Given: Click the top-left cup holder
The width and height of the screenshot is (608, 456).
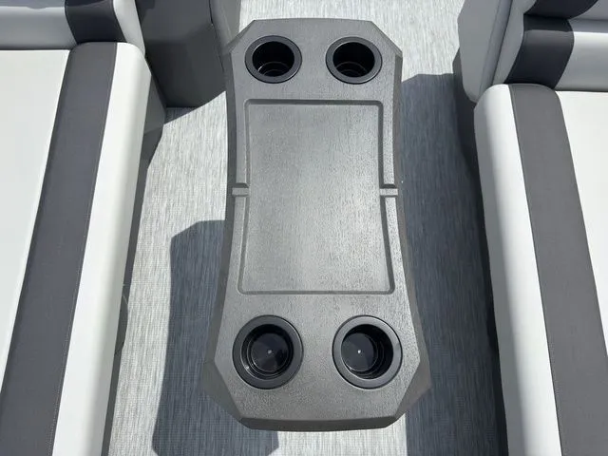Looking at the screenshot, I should pos(273,60).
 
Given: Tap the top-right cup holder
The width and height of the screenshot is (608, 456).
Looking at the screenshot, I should pos(353,60).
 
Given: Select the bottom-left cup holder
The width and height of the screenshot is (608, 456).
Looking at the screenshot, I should pos(268,351).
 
